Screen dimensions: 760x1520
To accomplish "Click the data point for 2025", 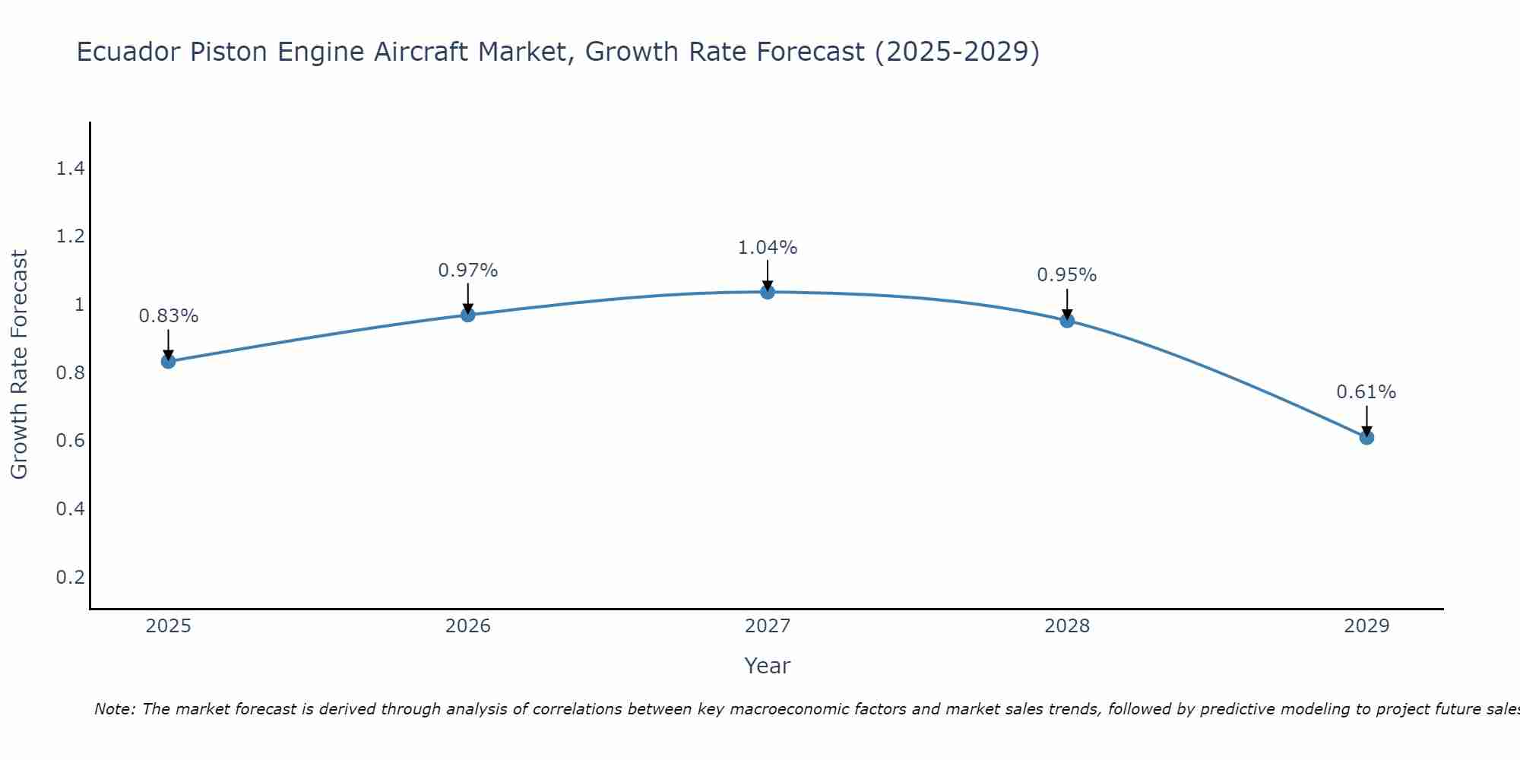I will (169, 361).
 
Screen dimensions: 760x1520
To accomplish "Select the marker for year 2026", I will (468, 315).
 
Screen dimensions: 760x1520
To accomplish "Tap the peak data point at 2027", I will (768, 292).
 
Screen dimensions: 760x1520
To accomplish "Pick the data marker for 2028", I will (1067, 321).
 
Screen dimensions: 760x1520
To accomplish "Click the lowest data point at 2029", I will (1366, 437).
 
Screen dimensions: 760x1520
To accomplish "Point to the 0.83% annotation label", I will (169, 316).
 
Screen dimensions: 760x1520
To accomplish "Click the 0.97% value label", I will (468, 271).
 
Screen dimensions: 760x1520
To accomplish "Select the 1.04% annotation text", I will (768, 248).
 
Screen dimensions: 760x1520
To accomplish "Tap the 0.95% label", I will (1067, 275).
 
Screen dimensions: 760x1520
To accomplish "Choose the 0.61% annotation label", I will (1366, 392).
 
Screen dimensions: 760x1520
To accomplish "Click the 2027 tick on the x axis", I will (768, 626).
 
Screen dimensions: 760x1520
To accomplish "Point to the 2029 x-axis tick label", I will (1366, 626).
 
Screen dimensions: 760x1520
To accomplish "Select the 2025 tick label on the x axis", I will (169, 626).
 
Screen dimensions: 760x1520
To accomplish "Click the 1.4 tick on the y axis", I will (70, 169).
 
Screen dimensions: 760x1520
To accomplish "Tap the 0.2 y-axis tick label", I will (70, 577).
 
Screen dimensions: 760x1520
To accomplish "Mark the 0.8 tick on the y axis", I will (70, 373).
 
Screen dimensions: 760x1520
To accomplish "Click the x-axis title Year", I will (768, 666).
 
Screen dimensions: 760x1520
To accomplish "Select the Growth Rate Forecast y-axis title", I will (20, 365).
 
